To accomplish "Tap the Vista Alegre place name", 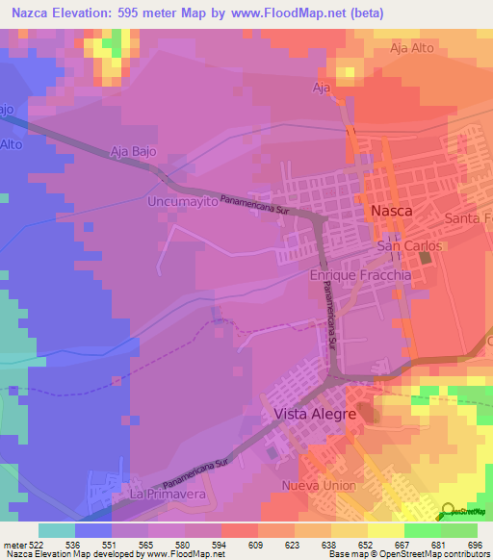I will coord(309,414).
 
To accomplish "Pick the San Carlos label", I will coord(402,246).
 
